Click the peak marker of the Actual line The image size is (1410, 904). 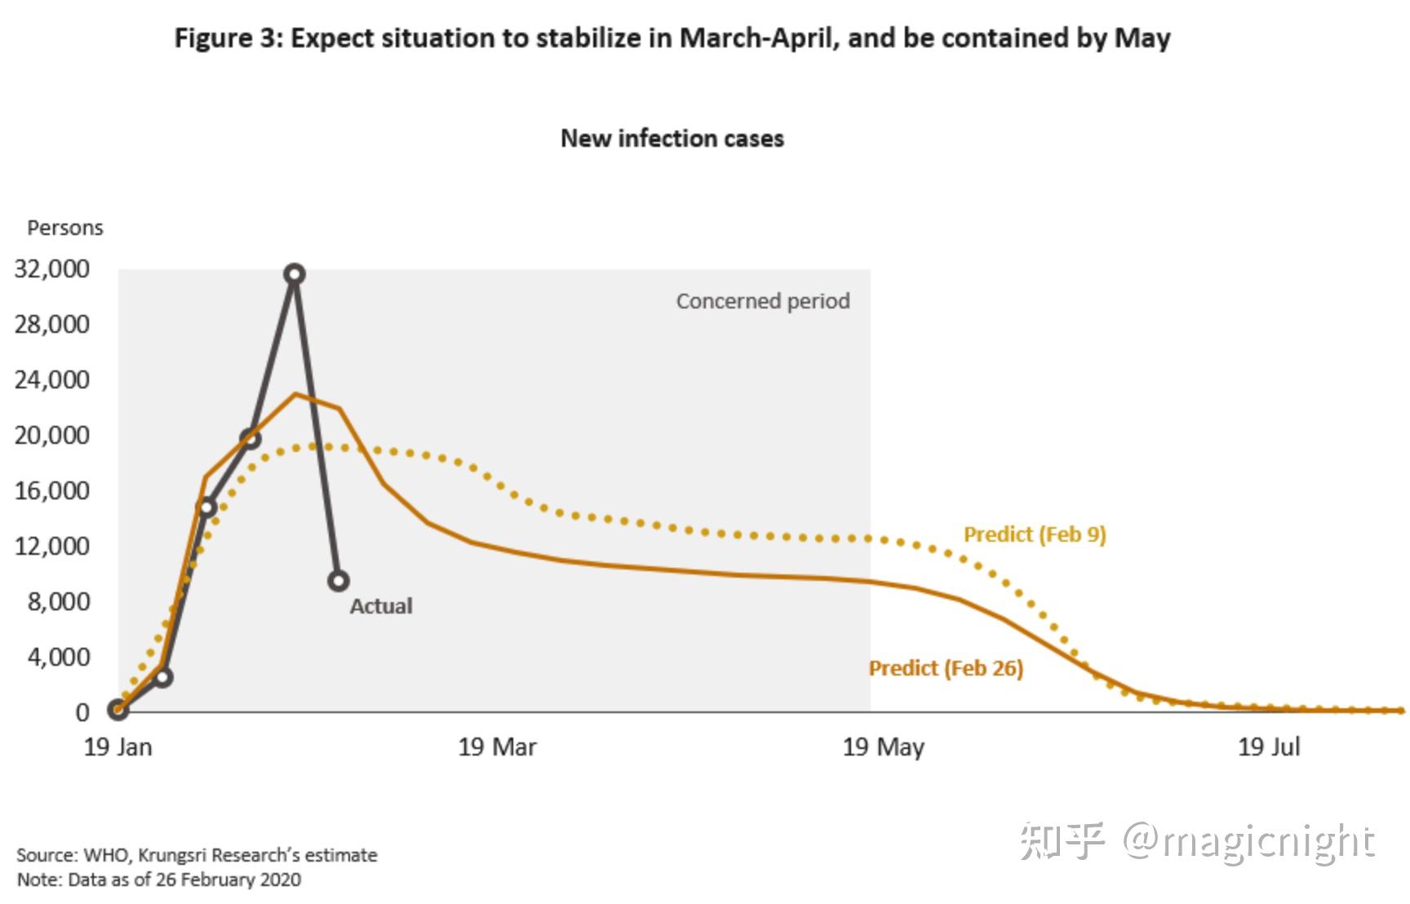tap(295, 274)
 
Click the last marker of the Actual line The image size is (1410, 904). tap(339, 581)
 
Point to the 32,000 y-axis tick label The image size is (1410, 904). tap(52, 268)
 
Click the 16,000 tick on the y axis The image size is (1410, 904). tap(52, 490)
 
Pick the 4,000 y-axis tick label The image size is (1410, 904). tap(58, 657)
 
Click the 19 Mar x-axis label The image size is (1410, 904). tap(497, 747)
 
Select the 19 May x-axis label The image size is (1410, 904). tap(883, 747)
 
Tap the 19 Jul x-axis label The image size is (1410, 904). tap(1269, 747)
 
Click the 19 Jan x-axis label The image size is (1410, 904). tap(118, 747)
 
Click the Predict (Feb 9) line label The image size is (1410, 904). tap(1035, 534)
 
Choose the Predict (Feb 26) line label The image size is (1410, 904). tap(946, 668)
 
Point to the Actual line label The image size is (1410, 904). tap(381, 606)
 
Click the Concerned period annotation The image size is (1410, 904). tap(763, 301)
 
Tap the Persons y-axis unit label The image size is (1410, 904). tap(65, 228)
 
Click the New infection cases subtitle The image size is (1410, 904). tap(672, 139)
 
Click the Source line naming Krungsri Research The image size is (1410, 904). tap(197, 855)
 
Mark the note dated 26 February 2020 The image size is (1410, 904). tap(159, 880)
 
